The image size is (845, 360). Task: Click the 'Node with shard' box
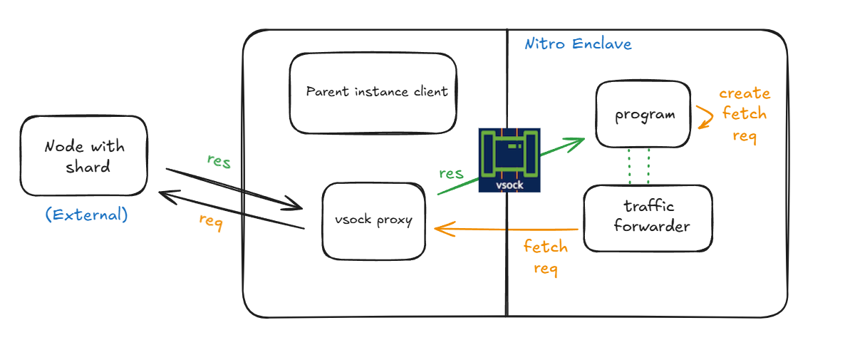83,156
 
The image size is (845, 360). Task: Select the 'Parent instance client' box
373,93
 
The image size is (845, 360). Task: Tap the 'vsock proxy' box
373,220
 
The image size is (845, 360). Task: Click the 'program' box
643,115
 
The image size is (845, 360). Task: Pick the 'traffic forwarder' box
647,217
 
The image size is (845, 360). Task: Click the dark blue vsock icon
509,160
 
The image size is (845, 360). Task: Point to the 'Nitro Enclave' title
578,44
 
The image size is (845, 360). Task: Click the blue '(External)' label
86,215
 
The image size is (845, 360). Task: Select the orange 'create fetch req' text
745,114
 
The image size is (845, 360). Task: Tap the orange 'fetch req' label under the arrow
546,257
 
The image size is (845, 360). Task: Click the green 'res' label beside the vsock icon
451,173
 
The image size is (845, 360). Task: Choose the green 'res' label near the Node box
219,161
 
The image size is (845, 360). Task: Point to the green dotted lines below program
638,165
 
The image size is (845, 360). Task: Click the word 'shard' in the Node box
88,167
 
